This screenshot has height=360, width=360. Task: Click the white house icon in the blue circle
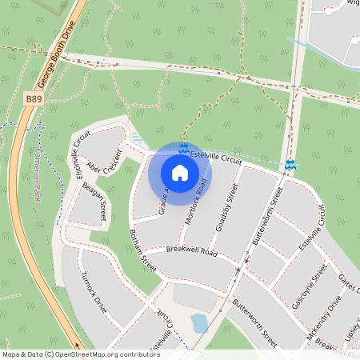(180, 173)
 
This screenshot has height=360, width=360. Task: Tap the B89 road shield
(34, 98)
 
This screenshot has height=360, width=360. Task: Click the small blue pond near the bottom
(198, 322)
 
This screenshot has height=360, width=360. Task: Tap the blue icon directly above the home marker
(183, 149)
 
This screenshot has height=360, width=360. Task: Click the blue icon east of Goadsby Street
(290, 165)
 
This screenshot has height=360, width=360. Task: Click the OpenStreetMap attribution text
(81, 354)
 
